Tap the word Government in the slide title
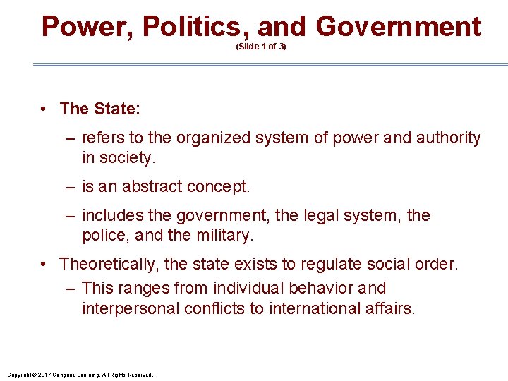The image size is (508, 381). point(399,26)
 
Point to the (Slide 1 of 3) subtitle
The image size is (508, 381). point(261,47)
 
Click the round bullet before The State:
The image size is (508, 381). point(44,109)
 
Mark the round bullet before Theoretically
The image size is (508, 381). point(44,265)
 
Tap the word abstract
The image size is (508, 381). point(153,187)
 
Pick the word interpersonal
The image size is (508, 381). point(131,308)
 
